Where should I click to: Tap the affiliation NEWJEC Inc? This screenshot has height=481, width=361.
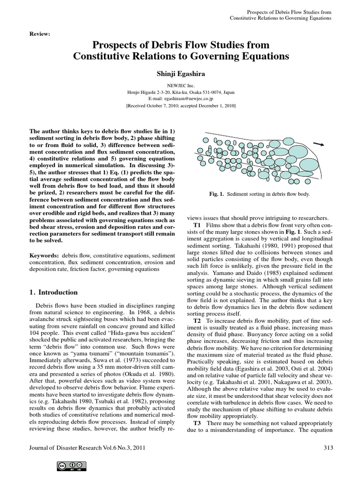(x=180, y=86)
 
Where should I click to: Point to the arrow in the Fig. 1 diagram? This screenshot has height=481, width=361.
(x=318, y=144)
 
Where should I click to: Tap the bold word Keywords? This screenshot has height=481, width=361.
(x=45, y=254)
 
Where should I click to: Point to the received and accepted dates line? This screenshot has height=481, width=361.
(x=180, y=106)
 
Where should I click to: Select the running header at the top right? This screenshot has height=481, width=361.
(x=281, y=15)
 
